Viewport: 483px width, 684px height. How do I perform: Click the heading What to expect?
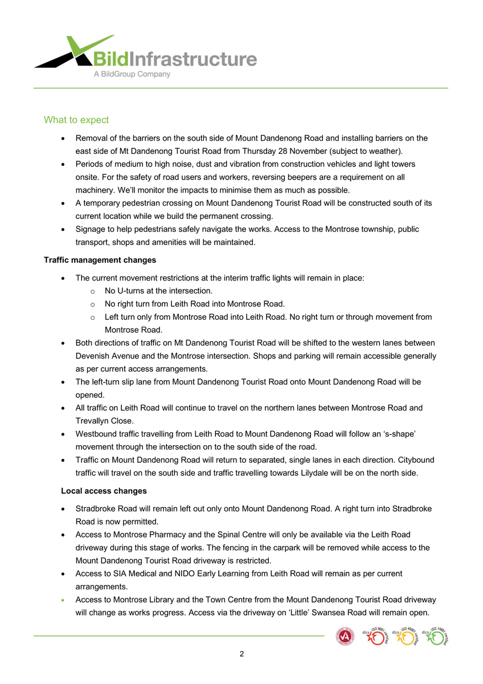76,120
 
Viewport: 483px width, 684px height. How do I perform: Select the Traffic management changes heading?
100,260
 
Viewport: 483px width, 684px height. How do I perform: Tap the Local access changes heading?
104,491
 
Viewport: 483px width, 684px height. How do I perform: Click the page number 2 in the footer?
241,654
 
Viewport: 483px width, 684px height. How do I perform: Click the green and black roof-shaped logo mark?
71,52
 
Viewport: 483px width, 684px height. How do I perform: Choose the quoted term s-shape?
402,434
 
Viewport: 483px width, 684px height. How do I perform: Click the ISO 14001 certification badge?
436,636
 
